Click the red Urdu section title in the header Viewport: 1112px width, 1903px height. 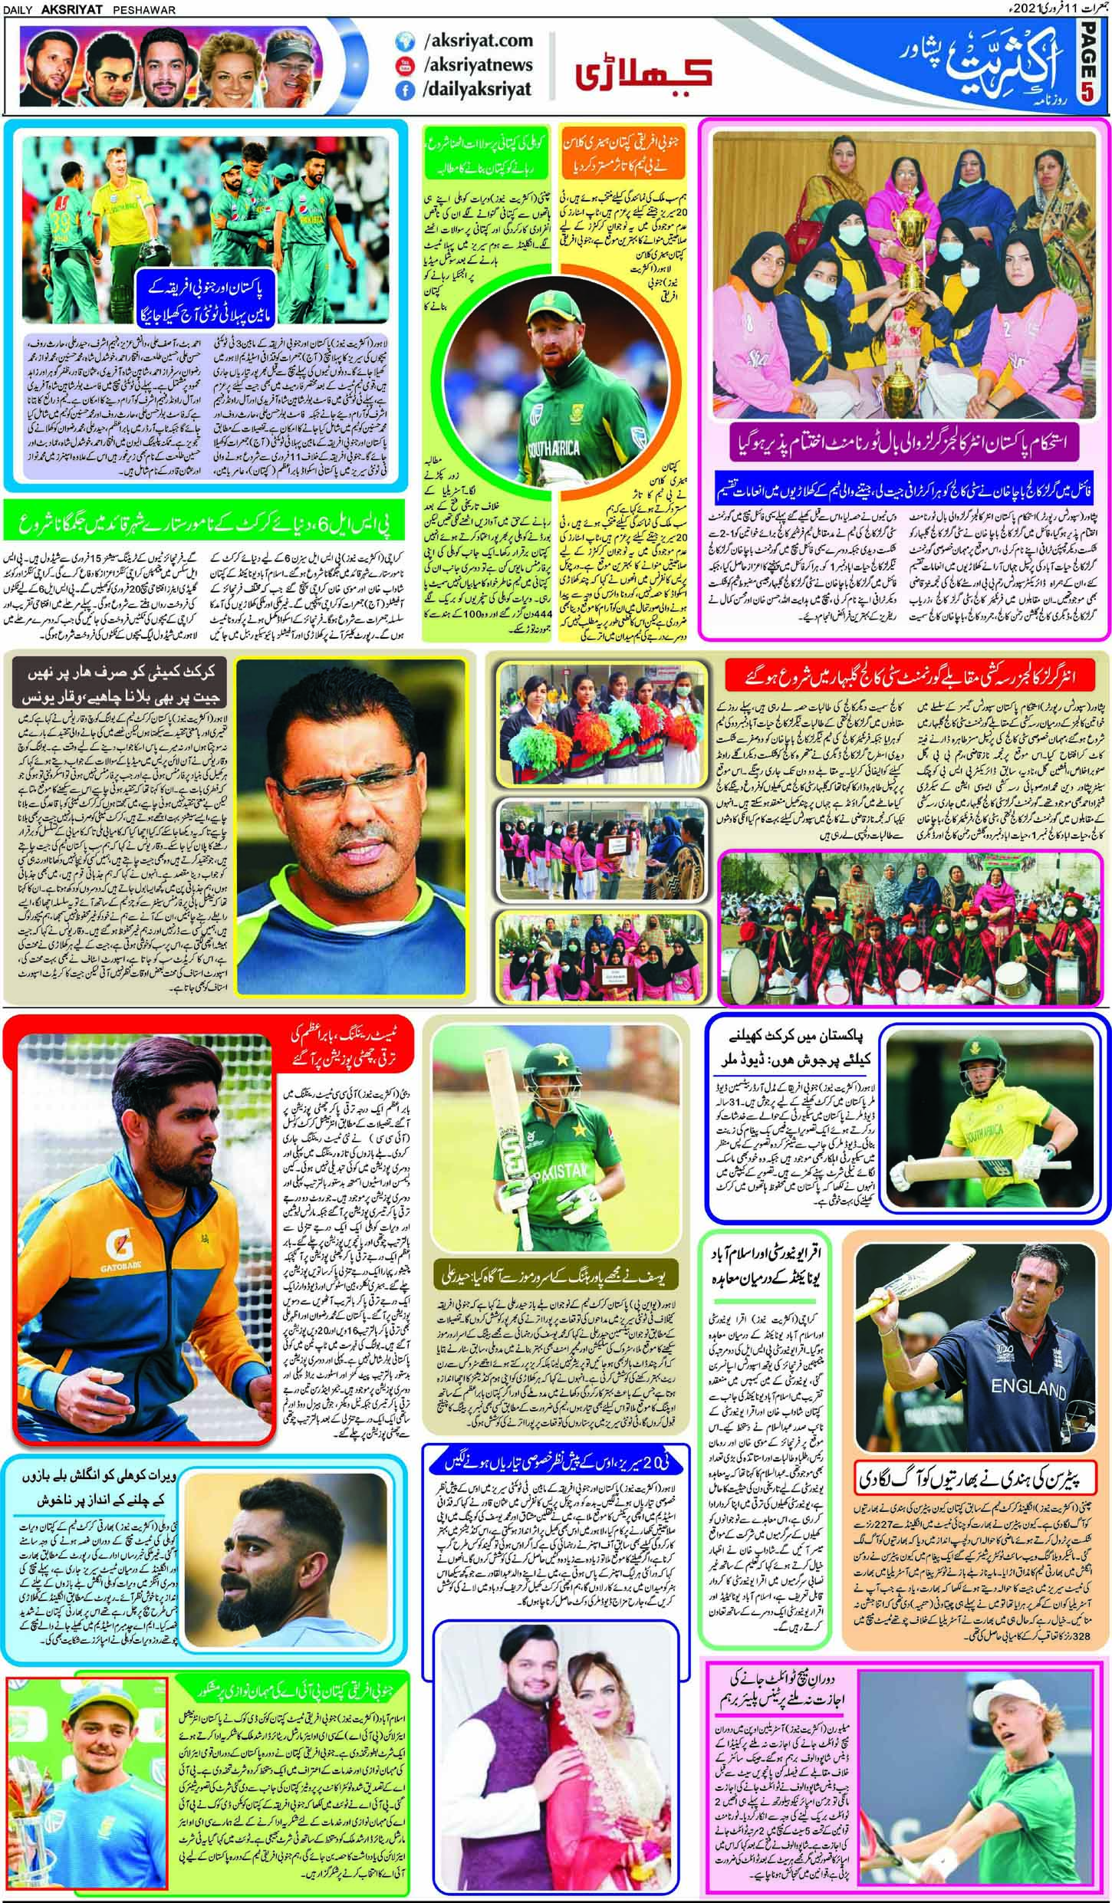644,74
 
